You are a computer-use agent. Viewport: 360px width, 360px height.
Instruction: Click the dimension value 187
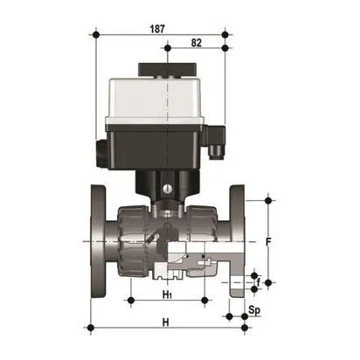158,28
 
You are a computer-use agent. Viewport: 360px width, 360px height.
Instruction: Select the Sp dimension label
254,310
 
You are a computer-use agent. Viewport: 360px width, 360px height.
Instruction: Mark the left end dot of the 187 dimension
94,35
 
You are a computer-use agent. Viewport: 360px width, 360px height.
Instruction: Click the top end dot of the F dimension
268,198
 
